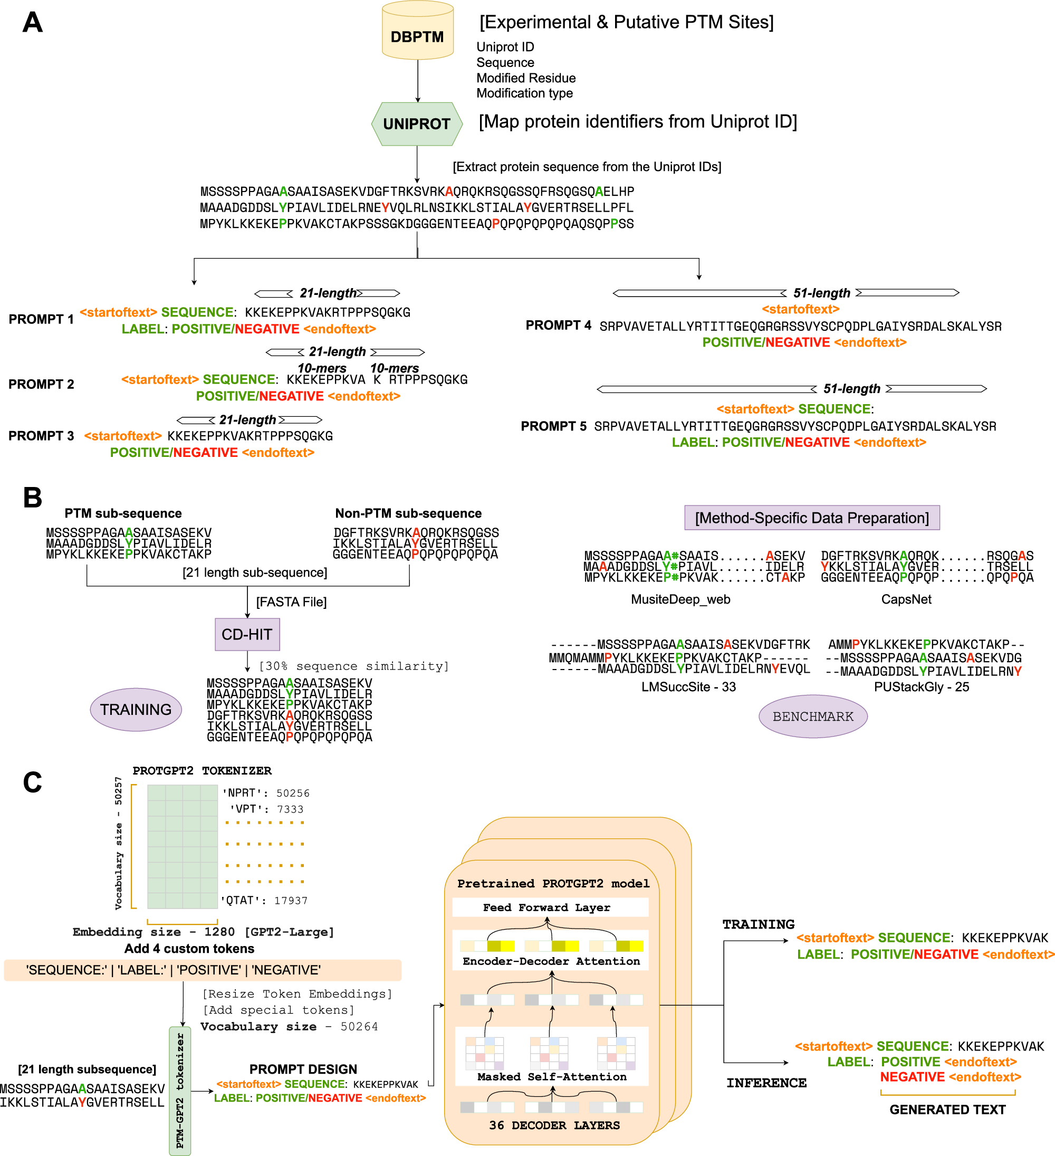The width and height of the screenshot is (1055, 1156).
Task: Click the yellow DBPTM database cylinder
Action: coord(417,32)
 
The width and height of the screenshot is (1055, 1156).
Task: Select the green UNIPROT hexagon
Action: coord(417,124)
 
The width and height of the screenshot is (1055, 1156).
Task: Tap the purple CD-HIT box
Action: coord(247,634)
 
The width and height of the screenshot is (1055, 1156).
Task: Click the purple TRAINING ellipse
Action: coord(136,709)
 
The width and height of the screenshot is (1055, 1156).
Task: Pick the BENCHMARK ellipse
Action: coord(812,716)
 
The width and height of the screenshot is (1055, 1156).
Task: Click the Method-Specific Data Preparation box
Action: coord(812,518)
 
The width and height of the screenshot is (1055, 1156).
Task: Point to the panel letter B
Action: coord(33,498)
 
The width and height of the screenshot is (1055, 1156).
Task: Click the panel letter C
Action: coord(33,782)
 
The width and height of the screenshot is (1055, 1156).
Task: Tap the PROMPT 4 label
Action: coord(558,325)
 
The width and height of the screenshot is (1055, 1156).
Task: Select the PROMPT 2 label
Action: coord(41,384)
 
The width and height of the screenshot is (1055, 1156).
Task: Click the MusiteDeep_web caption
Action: coord(680,599)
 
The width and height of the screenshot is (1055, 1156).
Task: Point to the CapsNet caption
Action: coord(906,599)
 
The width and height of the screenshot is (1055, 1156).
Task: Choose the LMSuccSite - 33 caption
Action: coord(688,686)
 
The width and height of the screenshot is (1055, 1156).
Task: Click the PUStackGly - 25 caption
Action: coord(921,686)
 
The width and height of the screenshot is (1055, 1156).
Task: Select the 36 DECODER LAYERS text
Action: coord(554,1125)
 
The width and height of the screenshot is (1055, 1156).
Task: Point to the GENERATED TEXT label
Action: coord(947,1110)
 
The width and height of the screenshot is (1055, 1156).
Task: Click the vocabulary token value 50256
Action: coord(292,793)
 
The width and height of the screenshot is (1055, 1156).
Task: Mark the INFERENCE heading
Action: coord(766,1083)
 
